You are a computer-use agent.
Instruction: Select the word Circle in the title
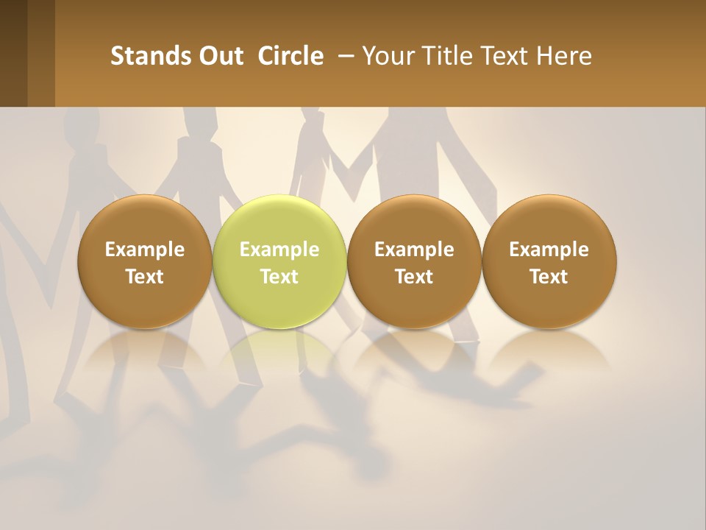pyautogui.click(x=290, y=56)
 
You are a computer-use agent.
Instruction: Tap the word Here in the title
pyautogui.click(x=565, y=56)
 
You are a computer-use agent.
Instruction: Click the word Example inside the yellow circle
pyautogui.click(x=279, y=250)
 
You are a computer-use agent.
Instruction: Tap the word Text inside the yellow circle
pyautogui.click(x=279, y=277)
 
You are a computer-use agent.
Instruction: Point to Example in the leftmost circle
pyautogui.click(x=145, y=250)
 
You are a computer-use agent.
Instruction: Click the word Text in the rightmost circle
pyautogui.click(x=549, y=277)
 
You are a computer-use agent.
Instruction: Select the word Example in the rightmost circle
pyautogui.click(x=549, y=250)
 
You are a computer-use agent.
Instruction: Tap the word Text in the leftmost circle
pyautogui.click(x=145, y=277)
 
